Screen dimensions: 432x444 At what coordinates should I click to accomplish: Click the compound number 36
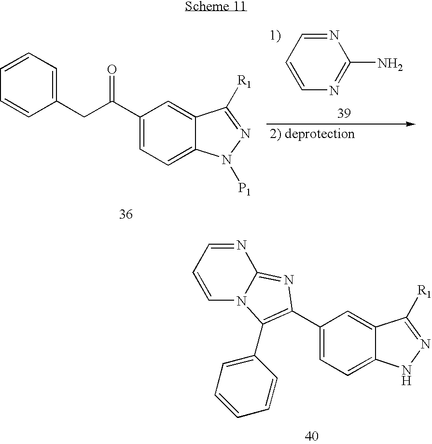(x=125, y=214)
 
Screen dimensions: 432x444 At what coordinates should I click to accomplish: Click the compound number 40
(x=312, y=435)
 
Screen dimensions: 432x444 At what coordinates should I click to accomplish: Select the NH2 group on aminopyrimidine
(x=391, y=64)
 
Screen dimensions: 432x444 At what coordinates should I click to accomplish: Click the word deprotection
(x=320, y=134)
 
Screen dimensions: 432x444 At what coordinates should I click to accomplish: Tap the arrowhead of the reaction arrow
(x=411, y=124)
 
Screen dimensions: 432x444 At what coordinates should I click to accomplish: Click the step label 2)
(x=276, y=134)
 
